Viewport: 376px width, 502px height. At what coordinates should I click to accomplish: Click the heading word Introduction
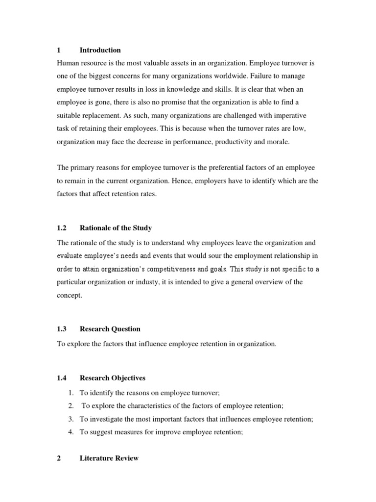click(x=100, y=50)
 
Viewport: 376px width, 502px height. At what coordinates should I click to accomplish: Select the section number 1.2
click(x=62, y=227)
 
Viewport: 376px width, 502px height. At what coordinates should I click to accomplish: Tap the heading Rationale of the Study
click(x=116, y=227)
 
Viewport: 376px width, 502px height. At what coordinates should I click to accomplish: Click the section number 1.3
click(x=62, y=329)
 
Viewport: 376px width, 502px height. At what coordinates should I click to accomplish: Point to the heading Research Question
click(x=110, y=329)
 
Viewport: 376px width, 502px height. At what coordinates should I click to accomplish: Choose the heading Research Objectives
click(x=113, y=378)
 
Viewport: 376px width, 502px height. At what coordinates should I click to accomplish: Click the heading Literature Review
click(x=109, y=458)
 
